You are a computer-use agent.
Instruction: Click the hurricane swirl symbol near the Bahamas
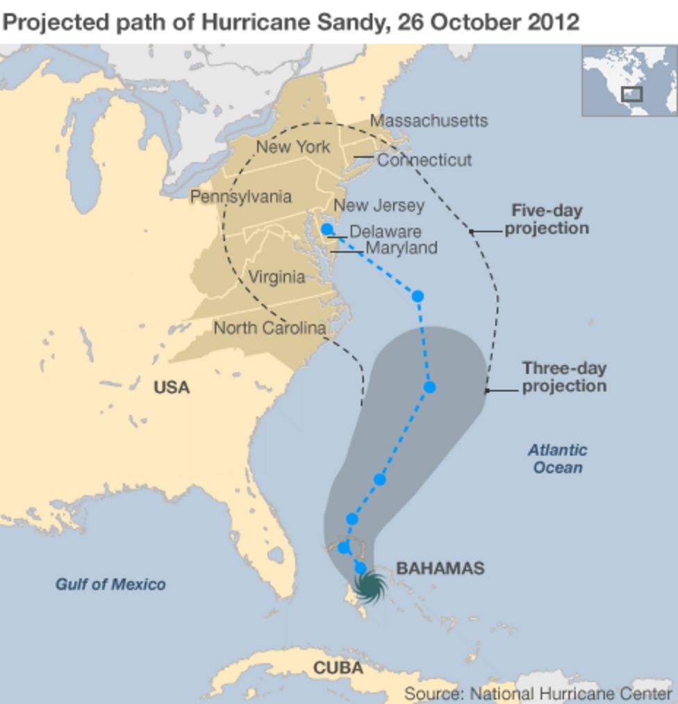370,588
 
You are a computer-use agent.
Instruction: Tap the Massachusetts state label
428,121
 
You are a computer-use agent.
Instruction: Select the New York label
292,147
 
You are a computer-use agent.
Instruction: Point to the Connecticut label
424,160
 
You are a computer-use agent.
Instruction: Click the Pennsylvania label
240,197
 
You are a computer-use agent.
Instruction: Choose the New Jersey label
379,206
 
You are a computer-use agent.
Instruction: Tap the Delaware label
385,231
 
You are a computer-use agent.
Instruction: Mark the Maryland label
401,247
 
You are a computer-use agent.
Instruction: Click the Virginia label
276,277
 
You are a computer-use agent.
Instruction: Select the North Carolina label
270,328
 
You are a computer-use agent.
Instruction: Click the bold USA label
172,387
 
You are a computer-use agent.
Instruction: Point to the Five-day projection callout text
547,219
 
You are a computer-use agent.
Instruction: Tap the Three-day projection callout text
564,377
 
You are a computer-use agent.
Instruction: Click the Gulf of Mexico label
110,584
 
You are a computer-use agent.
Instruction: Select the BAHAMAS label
440,568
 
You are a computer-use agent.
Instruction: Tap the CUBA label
338,668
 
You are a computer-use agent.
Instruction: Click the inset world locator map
629,80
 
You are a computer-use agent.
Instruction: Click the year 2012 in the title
553,22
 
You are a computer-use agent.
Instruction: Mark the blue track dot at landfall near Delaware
327,229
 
